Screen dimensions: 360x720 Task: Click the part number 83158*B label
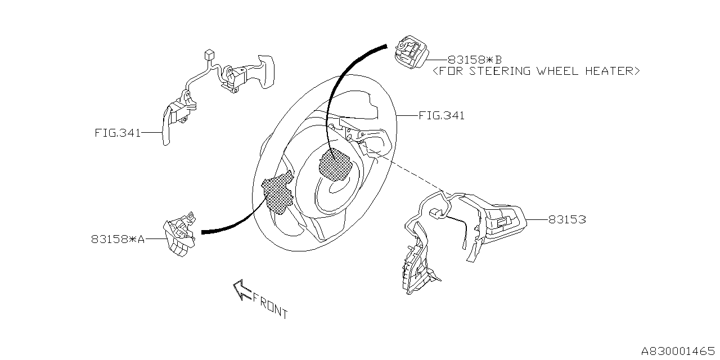pos(475,59)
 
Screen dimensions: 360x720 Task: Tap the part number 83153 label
pos(567,220)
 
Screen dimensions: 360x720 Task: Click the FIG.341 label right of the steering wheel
pos(442,116)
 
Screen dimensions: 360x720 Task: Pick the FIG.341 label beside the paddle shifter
pos(117,134)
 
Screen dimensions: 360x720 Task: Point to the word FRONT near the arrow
pos(270,305)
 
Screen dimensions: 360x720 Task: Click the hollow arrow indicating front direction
pos(242,290)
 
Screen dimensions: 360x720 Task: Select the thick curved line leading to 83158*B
pos(343,79)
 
